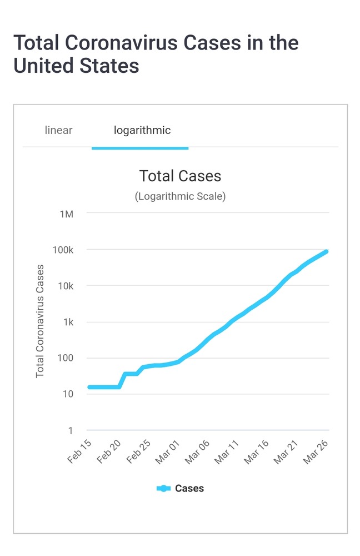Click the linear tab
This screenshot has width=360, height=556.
coord(58,131)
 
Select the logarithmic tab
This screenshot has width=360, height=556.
coord(142,131)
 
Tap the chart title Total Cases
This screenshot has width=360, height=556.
coord(180,176)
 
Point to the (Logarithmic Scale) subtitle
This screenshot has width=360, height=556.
coord(180,196)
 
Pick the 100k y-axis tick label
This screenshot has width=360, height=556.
coord(62,250)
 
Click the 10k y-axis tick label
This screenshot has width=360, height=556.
coord(64,286)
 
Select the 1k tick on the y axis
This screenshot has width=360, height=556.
coord(67,322)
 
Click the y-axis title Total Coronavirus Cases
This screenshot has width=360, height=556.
coord(40,321)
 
